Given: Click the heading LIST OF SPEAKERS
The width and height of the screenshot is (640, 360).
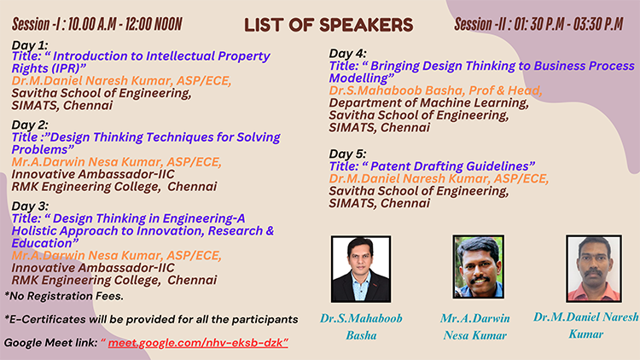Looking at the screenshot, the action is [x=329, y=25].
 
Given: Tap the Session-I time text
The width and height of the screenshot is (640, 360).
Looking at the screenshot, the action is [x=97, y=24].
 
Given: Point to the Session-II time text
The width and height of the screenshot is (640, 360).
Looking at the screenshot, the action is [x=538, y=24].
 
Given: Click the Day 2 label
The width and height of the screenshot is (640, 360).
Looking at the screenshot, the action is [x=30, y=125].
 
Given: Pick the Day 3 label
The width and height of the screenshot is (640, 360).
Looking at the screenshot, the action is [x=30, y=206].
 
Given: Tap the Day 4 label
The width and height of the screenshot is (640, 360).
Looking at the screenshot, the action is [x=348, y=54].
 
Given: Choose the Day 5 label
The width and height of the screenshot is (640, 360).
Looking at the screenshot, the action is [x=348, y=154].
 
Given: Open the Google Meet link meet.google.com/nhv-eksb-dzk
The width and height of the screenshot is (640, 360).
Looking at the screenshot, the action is [x=198, y=342].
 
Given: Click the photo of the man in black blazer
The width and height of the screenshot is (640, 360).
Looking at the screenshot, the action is [x=361, y=269].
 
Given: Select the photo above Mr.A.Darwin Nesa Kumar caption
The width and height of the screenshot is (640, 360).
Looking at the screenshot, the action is [x=479, y=266].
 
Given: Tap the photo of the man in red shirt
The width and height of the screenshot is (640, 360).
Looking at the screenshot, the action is [x=594, y=269].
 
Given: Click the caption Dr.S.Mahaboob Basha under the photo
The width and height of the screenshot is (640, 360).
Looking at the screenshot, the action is [x=361, y=327].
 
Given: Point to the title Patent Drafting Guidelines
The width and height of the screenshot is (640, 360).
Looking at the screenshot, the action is [x=452, y=166].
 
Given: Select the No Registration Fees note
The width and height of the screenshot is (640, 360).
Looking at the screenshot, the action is [x=64, y=296].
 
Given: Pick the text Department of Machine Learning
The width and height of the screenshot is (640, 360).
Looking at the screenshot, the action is [x=428, y=103].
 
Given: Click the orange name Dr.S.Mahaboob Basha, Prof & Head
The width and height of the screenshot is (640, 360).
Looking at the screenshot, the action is [x=435, y=90].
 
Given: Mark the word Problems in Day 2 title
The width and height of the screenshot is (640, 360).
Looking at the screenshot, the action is [x=43, y=149].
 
